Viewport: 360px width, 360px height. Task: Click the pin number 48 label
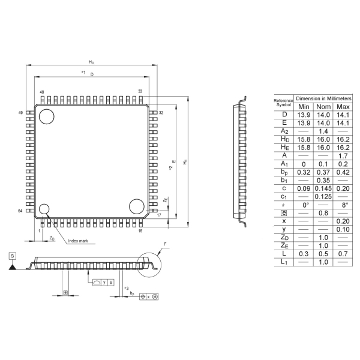click(x=42, y=92)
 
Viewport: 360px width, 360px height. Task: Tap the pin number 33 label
click(x=140, y=92)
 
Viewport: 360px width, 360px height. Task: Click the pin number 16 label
click(x=140, y=230)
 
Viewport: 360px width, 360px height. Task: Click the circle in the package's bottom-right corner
click(x=136, y=207)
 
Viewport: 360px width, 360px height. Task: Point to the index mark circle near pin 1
click(x=44, y=209)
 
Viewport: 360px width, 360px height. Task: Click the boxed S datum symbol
click(x=13, y=255)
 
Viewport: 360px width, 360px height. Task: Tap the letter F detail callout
click(x=164, y=244)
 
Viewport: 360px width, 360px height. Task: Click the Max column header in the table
click(x=343, y=106)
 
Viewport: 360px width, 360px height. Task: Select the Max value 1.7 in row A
click(x=343, y=155)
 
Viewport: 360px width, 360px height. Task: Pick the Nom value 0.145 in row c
click(x=324, y=188)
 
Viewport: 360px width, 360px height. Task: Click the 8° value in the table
click(x=343, y=205)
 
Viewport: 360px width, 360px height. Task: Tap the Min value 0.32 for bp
click(x=304, y=172)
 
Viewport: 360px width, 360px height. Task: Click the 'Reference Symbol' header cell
click(x=283, y=101)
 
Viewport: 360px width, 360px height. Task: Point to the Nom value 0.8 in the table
click(x=324, y=213)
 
